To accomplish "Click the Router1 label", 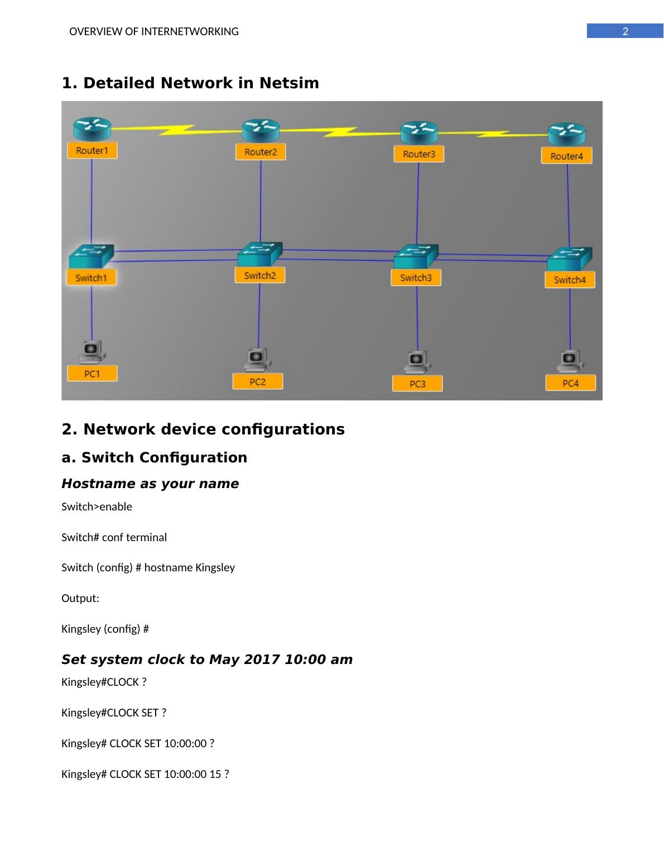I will point(92,150).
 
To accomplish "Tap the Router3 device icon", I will point(419,133).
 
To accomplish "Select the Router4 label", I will point(566,156).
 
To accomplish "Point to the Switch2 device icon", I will point(260,254).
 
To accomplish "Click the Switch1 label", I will point(91,278).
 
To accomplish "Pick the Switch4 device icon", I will point(569,258).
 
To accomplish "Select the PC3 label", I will point(417,384).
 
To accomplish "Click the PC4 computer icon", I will point(570,360).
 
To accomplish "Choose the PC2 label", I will point(258,382).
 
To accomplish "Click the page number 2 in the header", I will point(625,32).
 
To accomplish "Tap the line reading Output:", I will point(80,598).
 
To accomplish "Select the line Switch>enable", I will point(97,507).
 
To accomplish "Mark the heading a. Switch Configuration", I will point(154,457).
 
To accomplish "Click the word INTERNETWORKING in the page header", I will point(190,32).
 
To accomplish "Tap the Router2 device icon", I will point(261,131).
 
